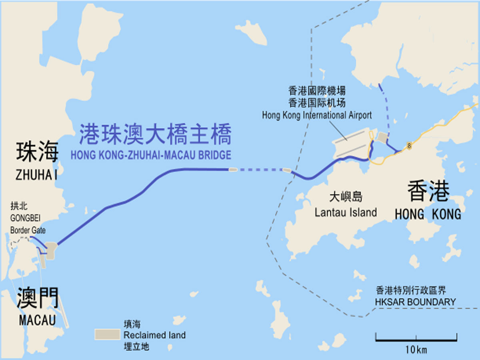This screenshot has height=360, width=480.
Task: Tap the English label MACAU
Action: pos(37,320)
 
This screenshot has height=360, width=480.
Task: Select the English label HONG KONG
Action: pos(428,214)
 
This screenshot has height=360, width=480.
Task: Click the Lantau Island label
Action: pos(346,212)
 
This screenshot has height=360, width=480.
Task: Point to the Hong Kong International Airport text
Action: pos(317,115)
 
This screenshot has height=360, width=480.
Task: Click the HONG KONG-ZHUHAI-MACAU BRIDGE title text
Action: pos(151,154)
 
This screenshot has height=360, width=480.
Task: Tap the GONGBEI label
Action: pos(26,219)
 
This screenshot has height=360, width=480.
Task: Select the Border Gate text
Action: pos(28,230)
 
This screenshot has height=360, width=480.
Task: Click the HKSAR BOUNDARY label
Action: pos(415,302)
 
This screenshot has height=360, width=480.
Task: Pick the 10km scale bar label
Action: pos(416,350)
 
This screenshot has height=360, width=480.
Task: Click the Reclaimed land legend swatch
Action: pos(107,334)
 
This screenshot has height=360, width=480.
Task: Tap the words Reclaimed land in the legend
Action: pos(154,335)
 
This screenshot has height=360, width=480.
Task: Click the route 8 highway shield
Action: pos(409,146)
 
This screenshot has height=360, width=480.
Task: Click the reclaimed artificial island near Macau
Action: pos(52,251)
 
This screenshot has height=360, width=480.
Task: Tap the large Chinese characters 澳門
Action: pos(38,299)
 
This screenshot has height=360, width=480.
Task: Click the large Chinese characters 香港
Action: pos(428,192)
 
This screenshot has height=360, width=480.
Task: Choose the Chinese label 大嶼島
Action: pos(346,197)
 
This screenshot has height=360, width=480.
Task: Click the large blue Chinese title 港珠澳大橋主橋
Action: pos(155,134)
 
